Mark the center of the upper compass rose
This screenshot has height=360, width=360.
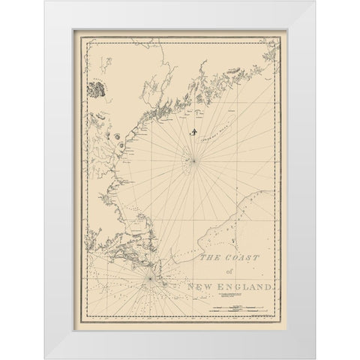tap(193, 160)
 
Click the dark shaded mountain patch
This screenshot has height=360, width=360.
tap(96, 89)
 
